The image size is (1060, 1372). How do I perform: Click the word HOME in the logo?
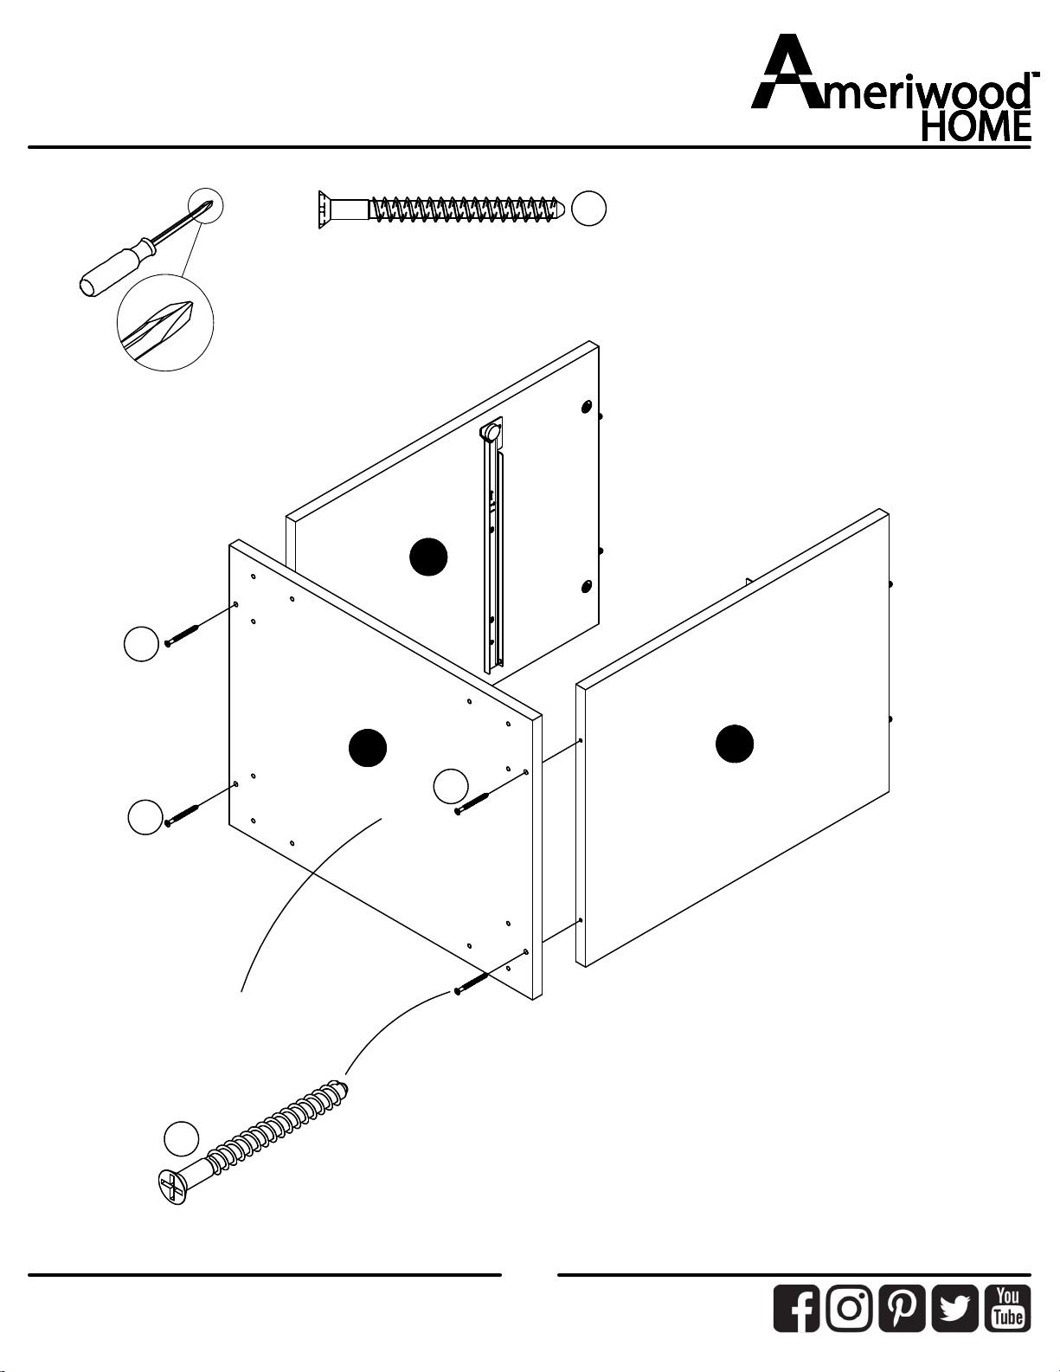(976, 126)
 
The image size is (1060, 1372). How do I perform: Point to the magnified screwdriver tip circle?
(165, 323)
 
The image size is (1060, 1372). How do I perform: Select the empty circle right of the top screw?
(588, 209)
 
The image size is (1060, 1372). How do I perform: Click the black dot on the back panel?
(428, 557)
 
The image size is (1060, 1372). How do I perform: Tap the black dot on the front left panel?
(368, 748)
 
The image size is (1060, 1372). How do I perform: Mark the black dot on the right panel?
(735, 744)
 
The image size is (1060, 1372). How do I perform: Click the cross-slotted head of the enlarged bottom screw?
(172, 1188)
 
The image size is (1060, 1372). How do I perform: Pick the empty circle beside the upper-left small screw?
(141, 644)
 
